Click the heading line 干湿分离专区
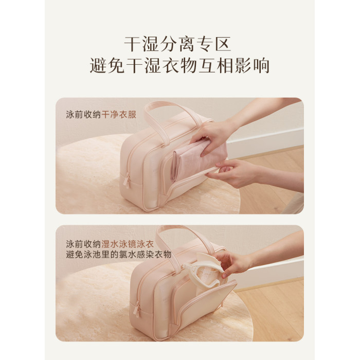(177, 44)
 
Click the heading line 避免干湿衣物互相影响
(179, 66)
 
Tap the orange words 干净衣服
(119, 115)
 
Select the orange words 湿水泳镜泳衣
(128, 244)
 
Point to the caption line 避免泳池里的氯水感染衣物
(119, 255)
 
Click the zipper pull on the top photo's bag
(127, 181)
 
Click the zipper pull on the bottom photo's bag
(137, 310)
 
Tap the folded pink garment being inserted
(197, 158)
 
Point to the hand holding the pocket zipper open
(232, 173)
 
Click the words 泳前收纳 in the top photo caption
(83, 115)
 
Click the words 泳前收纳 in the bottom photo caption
(83, 244)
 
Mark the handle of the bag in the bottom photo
(184, 239)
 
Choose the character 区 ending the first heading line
(223, 44)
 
